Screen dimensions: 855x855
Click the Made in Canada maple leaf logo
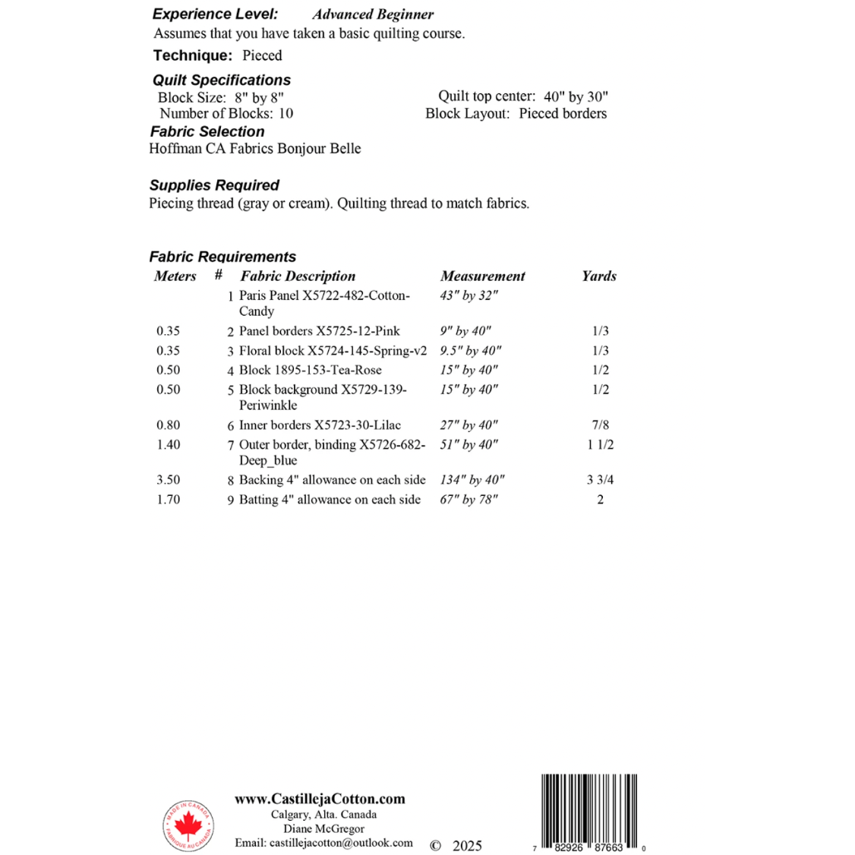pyautogui.click(x=188, y=825)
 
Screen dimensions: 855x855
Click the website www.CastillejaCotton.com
pyautogui.click(x=320, y=799)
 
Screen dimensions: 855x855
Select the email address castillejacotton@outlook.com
pyautogui.click(x=324, y=843)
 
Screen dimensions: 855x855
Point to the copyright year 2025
pyautogui.click(x=467, y=846)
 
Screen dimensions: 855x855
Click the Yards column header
pyautogui.click(x=599, y=276)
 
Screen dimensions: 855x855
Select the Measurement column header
pyautogui.click(x=482, y=276)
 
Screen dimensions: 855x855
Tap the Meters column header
pyautogui.click(x=175, y=276)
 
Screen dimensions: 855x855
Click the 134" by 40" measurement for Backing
pyautogui.click(x=472, y=480)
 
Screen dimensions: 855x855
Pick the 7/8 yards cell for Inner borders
pyautogui.click(x=600, y=425)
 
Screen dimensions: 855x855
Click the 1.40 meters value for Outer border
pyautogui.click(x=169, y=445)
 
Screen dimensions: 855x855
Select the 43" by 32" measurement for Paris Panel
pyautogui.click(x=469, y=295)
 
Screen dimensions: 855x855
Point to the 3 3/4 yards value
pyautogui.click(x=600, y=480)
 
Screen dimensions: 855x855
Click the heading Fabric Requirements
pyautogui.click(x=222, y=257)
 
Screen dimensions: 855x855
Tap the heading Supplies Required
pyautogui.click(x=214, y=185)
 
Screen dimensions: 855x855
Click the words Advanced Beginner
pyautogui.click(x=373, y=14)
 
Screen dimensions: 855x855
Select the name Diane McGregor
pyautogui.click(x=323, y=828)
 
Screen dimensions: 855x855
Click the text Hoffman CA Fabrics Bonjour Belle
pyautogui.click(x=255, y=149)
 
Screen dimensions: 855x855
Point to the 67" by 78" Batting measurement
pyautogui.click(x=469, y=500)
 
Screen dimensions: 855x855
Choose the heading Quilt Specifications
pyautogui.click(x=222, y=80)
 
